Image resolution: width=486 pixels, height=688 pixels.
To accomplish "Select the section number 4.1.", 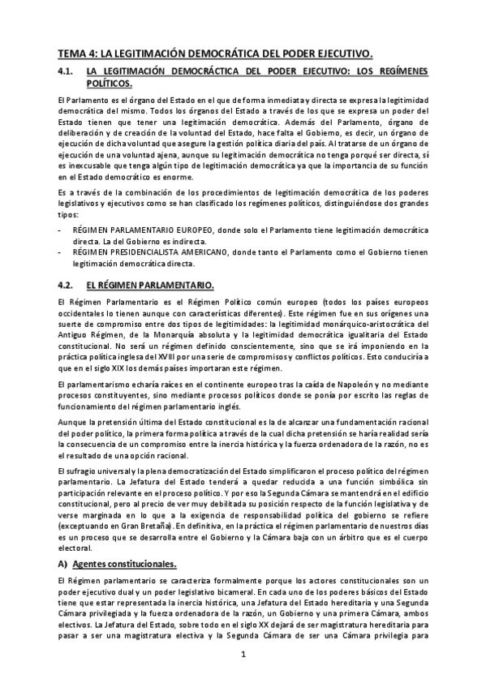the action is tap(67, 71).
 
